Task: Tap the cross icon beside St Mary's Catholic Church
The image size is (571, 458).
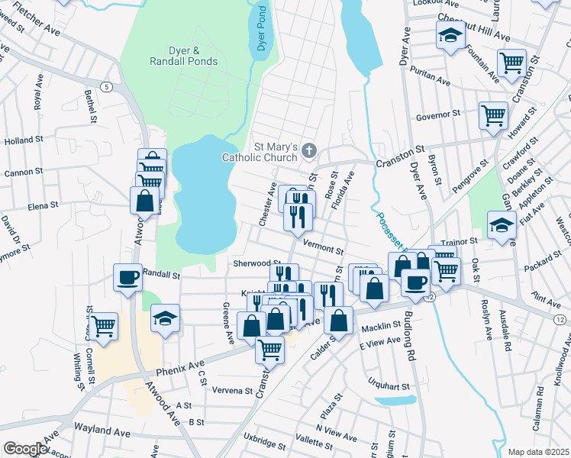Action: (x=309, y=150)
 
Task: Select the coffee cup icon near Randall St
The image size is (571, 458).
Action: (x=127, y=277)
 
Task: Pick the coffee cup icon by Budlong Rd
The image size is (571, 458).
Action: (x=415, y=282)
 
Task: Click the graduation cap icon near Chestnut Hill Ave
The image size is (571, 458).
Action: (x=450, y=35)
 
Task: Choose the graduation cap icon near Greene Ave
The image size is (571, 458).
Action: (x=165, y=319)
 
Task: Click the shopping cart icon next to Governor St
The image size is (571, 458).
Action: (x=493, y=115)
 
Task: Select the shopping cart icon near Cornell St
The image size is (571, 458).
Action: (x=104, y=326)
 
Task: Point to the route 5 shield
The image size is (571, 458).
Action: (x=105, y=87)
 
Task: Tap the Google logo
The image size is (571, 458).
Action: (x=24, y=449)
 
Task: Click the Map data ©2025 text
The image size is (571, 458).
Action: (x=538, y=452)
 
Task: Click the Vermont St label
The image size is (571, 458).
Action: (x=324, y=247)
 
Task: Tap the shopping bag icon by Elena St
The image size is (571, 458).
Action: (x=144, y=201)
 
